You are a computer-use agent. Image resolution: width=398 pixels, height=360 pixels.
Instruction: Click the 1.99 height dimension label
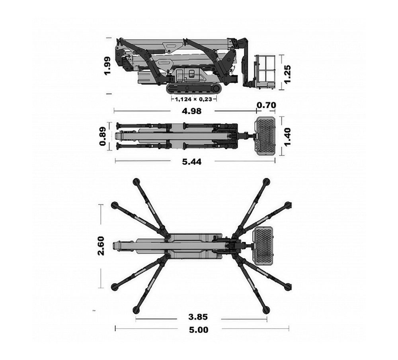tap(107, 66)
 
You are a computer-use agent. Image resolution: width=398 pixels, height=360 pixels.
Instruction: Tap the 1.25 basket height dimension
tap(287, 74)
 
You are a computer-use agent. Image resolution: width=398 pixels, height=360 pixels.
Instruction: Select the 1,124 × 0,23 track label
tap(193, 99)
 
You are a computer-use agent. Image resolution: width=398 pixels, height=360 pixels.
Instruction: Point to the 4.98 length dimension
tap(192, 111)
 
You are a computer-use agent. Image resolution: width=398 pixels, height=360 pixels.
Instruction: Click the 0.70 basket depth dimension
tap(266, 105)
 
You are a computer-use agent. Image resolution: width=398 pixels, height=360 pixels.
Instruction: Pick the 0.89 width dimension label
tap(103, 136)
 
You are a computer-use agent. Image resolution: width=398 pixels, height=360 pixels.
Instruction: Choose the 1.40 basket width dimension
tap(287, 137)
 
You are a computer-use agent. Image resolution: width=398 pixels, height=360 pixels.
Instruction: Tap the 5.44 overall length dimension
tap(192, 162)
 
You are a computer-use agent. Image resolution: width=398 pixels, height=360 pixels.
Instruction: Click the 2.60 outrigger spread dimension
tap(101, 246)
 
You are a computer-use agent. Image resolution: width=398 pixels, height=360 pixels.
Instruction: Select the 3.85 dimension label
tap(198, 317)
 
